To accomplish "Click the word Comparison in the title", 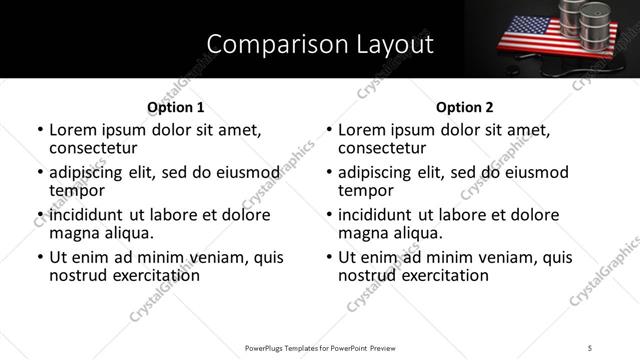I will click(x=269, y=44).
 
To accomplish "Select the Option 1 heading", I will click(x=175, y=107).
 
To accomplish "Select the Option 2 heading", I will click(x=465, y=107).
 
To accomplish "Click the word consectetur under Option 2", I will click(x=381, y=148).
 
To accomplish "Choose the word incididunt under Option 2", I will click(x=381, y=215).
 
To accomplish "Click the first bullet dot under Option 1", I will click(x=40, y=131).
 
